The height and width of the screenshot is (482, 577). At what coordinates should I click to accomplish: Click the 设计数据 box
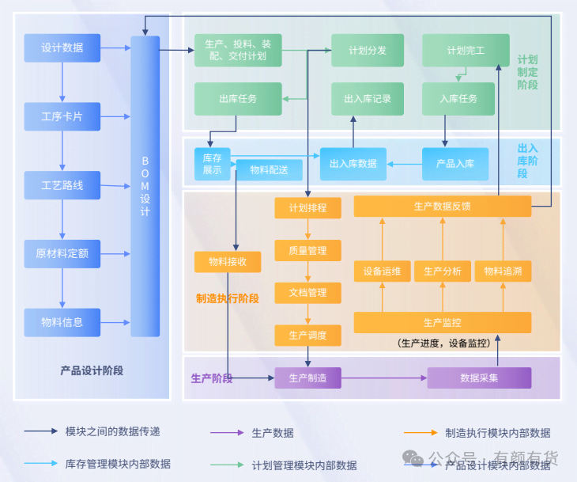(62, 48)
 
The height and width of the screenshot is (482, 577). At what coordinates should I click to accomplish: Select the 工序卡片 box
(62, 117)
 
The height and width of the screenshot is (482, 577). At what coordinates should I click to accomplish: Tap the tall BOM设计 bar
(145, 185)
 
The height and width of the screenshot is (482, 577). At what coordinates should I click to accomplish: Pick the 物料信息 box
(62, 322)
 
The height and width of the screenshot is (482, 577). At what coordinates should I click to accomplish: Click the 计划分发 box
(368, 50)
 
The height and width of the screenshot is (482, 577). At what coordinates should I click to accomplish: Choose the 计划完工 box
(466, 50)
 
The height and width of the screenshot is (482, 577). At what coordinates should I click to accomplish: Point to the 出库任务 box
(238, 99)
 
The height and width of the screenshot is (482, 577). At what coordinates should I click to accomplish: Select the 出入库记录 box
(368, 99)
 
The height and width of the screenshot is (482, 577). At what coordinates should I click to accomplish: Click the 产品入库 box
(455, 164)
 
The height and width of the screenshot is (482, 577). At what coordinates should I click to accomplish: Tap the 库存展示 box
(212, 164)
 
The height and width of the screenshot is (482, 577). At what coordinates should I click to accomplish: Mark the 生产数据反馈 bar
(442, 207)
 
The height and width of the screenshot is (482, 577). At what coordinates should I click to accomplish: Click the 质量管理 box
(307, 251)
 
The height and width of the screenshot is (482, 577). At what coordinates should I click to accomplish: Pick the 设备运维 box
(382, 271)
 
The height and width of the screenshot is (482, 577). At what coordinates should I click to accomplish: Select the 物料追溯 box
(503, 271)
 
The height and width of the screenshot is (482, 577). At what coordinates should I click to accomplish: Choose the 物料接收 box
(228, 262)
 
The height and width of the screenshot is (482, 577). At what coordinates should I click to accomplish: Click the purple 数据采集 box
(479, 378)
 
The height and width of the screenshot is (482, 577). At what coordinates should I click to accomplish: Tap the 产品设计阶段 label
(92, 370)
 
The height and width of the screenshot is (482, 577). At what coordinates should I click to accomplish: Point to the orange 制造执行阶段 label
(228, 298)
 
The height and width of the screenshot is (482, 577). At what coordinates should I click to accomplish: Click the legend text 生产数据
(273, 433)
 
